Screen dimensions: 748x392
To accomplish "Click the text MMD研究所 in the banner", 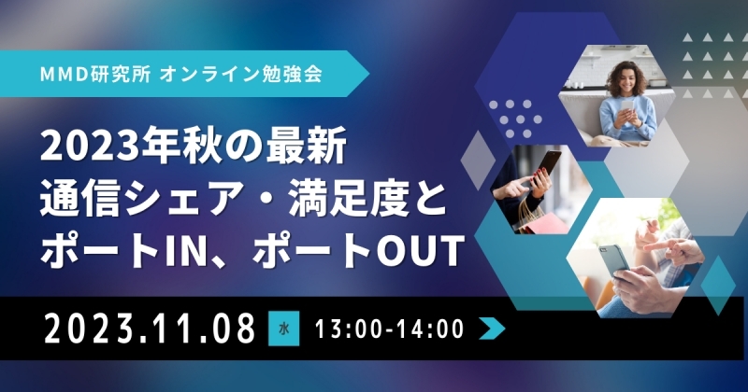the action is pyautogui.click(x=95, y=75).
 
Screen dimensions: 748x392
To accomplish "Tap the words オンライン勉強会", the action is pyautogui.click(x=241, y=75).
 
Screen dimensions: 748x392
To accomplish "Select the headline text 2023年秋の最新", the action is pyautogui.click(x=194, y=147).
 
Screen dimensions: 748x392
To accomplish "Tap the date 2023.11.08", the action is pyautogui.click(x=150, y=328).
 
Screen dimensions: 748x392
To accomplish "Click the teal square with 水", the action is pyautogui.click(x=284, y=329).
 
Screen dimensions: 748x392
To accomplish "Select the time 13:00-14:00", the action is pyautogui.click(x=389, y=329).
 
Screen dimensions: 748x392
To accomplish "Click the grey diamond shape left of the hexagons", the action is pyautogui.click(x=479, y=160).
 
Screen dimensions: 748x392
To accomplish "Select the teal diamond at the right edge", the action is pyautogui.click(x=718, y=286).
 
